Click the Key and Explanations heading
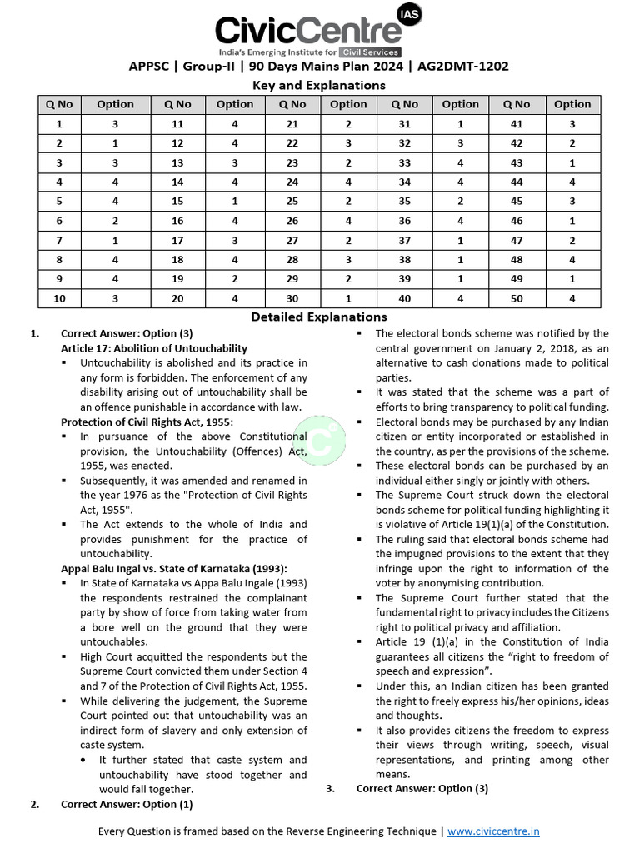319,85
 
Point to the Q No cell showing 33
404,162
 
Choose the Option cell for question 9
115,278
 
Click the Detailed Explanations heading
319,317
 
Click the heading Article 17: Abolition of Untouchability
153,347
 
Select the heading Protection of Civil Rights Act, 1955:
147,422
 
